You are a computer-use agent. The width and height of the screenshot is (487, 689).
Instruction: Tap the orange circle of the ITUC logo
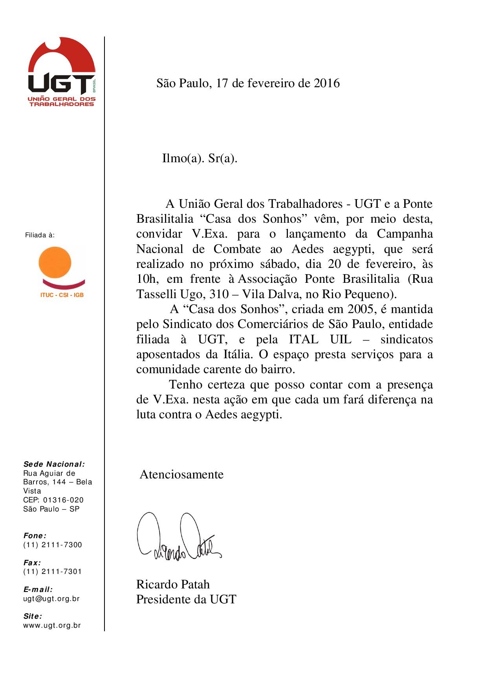(x=55, y=263)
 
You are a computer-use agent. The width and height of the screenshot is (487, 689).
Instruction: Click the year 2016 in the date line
(x=326, y=83)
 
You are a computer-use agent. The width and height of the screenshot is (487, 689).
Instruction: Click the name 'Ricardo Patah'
(x=173, y=585)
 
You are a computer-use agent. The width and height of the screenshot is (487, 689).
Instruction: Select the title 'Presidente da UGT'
(x=186, y=599)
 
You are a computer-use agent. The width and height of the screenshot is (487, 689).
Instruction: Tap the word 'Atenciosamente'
(x=181, y=475)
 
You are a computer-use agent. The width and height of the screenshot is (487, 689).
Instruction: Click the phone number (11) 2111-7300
(x=53, y=545)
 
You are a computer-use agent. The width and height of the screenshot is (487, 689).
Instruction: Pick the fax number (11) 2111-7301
(x=53, y=572)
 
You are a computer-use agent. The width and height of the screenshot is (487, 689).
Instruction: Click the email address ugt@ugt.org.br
(x=51, y=599)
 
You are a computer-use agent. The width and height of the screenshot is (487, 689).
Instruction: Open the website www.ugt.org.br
(x=52, y=625)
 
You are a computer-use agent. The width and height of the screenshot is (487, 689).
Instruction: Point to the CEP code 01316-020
(x=63, y=500)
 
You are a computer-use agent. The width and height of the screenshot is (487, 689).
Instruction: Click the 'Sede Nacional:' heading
(x=54, y=464)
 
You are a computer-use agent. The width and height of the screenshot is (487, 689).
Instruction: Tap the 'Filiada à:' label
(x=40, y=235)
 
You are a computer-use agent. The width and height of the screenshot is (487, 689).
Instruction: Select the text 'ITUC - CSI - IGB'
(x=62, y=295)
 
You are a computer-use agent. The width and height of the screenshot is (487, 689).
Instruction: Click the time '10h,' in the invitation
(x=147, y=279)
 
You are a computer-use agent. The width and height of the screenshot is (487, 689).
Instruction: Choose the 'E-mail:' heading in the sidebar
(x=38, y=589)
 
